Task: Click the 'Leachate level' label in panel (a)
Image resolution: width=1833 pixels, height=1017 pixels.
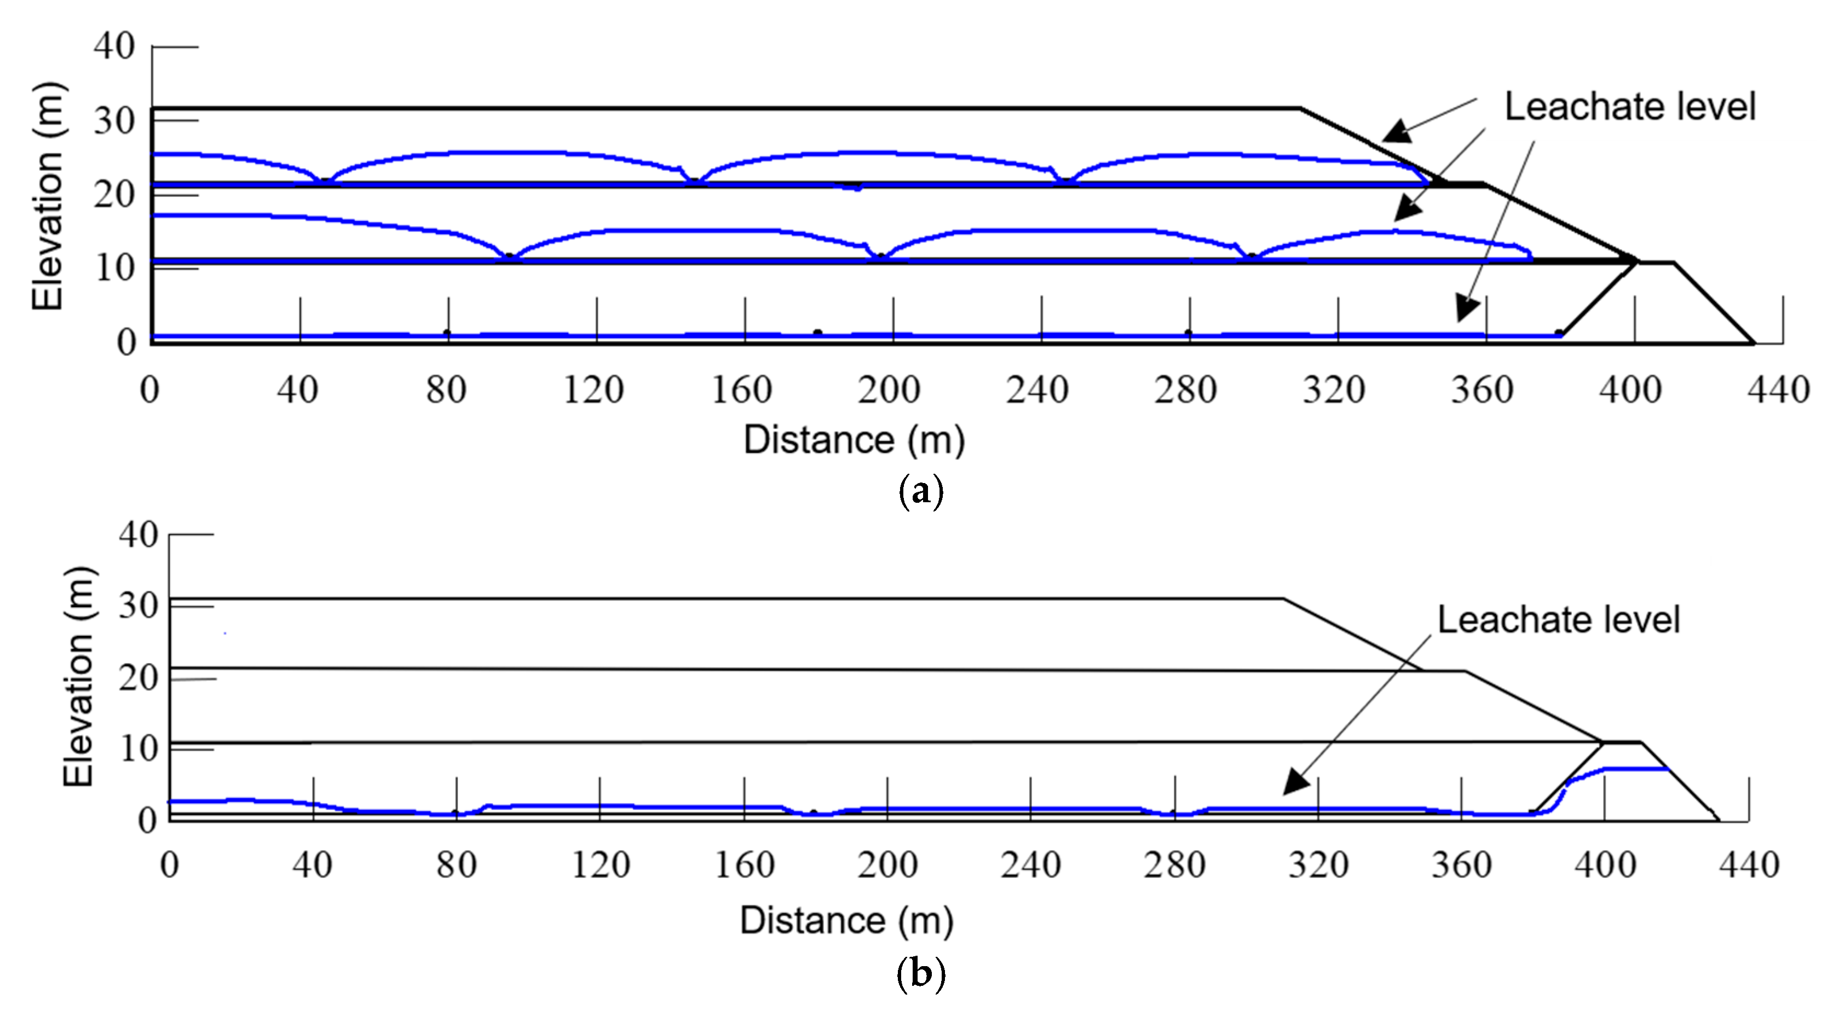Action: coord(1629,107)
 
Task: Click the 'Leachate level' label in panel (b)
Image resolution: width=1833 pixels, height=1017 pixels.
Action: coord(1558,619)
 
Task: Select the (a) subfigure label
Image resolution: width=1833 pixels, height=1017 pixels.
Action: coord(921,491)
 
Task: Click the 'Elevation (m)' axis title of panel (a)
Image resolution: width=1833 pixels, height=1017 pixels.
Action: coord(48,197)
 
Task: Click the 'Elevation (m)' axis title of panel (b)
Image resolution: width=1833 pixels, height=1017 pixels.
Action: coord(78,677)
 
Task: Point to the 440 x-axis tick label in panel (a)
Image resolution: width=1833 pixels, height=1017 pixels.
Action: coord(1778,390)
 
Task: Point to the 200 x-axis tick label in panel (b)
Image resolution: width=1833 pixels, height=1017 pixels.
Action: coord(887,865)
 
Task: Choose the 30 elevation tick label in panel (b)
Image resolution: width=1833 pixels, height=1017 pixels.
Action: coord(137,606)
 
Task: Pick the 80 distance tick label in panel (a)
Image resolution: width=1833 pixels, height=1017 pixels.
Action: coord(446,390)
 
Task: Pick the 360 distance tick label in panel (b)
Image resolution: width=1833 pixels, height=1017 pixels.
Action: coord(1462,865)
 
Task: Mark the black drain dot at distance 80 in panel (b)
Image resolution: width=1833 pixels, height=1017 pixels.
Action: coord(456,813)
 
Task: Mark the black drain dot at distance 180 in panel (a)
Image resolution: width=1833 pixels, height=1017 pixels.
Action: coord(817,333)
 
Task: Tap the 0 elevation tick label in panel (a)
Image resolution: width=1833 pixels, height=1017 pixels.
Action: coord(126,342)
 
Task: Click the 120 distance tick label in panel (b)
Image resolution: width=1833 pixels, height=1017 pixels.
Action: coord(601,865)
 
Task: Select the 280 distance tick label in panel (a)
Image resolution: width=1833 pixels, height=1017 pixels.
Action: coord(1185,390)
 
